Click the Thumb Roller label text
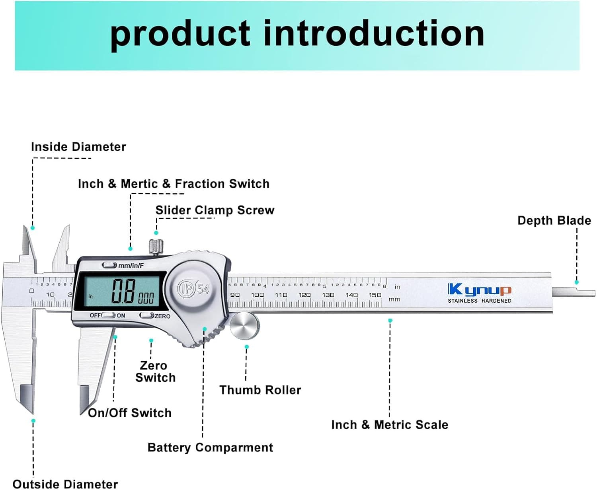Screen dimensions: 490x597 coord(260,390)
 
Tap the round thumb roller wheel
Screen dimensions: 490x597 coord(245,326)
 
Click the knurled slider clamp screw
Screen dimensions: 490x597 coord(156,246)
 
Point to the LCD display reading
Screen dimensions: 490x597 coord(123,292)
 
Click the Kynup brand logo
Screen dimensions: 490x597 coord(479,290)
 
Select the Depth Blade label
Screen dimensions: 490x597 coord(554,220)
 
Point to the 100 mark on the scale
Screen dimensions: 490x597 coord(257,295)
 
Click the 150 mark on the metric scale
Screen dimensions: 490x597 coord(375,295)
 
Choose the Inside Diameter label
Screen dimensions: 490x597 coord(78,147)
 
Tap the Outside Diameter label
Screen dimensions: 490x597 coord(65,484)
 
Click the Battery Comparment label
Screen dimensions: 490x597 coord(210,447)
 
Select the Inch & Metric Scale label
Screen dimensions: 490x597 coord(390,425)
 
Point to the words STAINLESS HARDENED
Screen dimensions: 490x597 coord(479,301)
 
